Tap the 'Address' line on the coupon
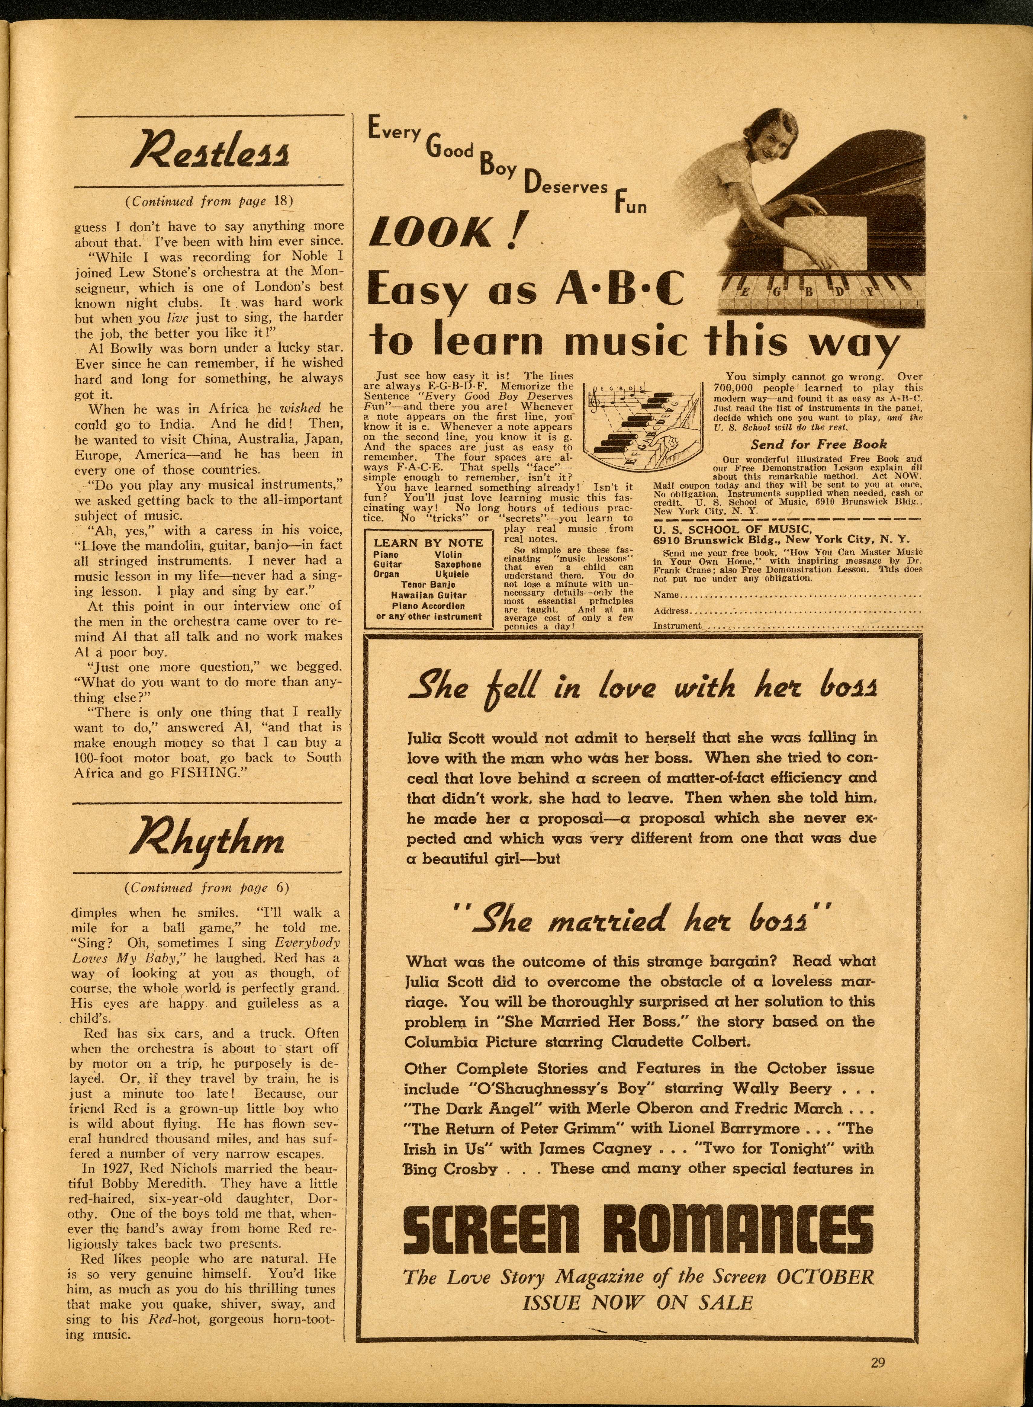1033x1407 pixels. (x=788, y=611)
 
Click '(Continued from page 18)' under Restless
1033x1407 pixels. (x=209, y=201)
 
